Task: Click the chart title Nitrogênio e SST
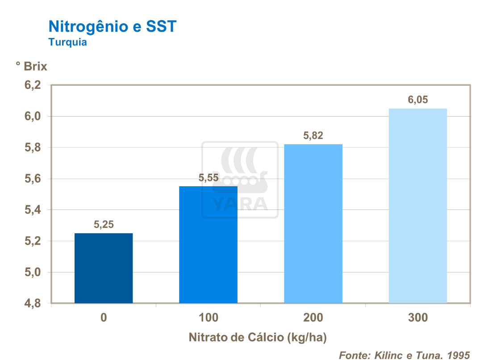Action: tap(112, 26)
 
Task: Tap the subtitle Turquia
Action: tap(67, 43)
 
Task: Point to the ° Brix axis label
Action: tap(31, 67)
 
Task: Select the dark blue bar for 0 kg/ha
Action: tap(104, 268)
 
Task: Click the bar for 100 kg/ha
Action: tap(208, 245)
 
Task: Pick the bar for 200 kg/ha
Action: tap(313, 223)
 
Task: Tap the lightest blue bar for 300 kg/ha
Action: tap(417, 205)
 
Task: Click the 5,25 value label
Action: tap(104, 225)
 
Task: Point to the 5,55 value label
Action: tap(209, 178)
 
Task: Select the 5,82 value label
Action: tap(313, 136)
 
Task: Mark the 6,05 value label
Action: tap(417, 100)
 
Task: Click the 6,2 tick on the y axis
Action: tap(33, 85)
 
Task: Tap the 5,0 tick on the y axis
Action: tap(33, 272)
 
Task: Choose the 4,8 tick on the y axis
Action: tap(33, 303)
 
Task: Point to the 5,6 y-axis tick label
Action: tap(33, 179)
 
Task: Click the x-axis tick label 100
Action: tap(209, 318)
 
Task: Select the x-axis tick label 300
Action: tap(417, 318)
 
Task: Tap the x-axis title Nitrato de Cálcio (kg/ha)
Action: tap(261, 337)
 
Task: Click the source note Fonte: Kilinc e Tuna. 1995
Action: tap(405, 355)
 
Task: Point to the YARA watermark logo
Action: tap(240, 180)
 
